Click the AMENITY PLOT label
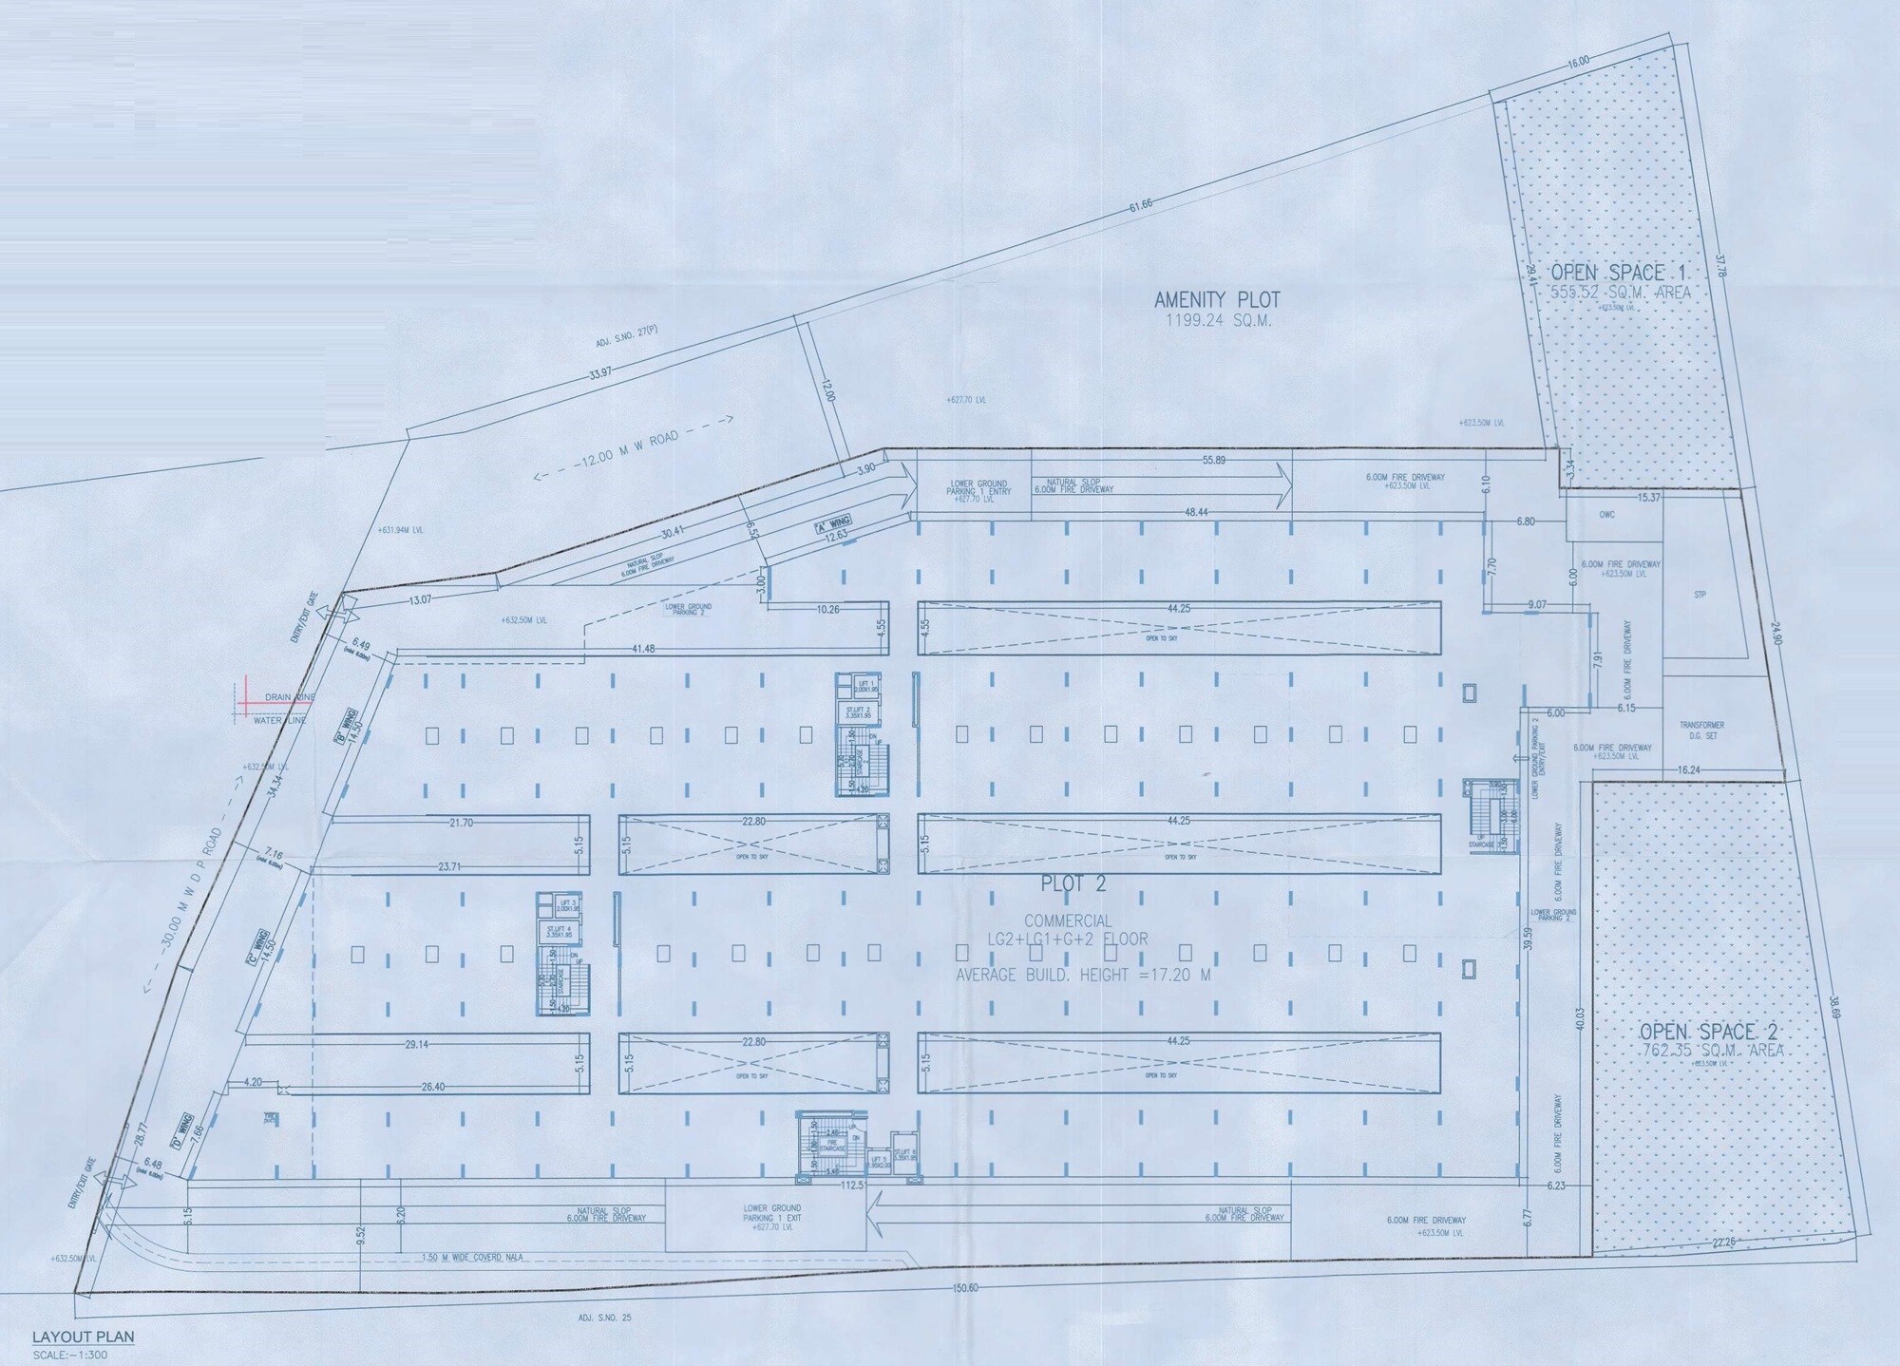1217,300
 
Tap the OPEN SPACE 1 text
1621,274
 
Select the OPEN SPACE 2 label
1710,1032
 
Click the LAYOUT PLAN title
83,1337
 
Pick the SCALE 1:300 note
70,1355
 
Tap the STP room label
1700,596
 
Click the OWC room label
1606,515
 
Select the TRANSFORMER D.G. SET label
1701,730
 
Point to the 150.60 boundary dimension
964,1288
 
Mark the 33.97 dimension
600,373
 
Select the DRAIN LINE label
290,697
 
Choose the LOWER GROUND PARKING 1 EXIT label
772,1218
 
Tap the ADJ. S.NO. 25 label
604,1318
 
